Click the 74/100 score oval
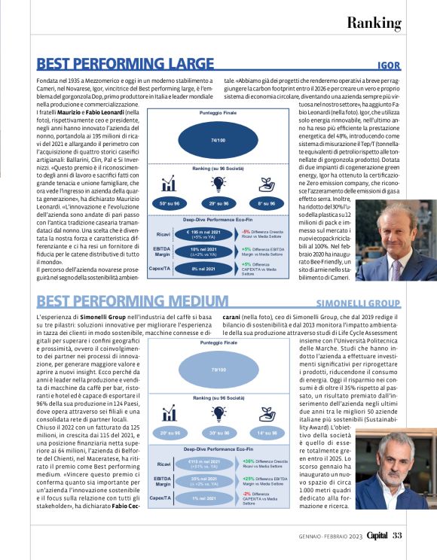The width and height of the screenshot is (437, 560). coord(218,140)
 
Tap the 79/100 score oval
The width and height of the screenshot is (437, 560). coord(218,370)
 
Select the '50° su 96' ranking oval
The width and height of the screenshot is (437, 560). coord(170,203)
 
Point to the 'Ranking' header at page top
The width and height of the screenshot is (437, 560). coord(374,22)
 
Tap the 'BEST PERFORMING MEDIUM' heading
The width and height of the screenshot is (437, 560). coord(133,302)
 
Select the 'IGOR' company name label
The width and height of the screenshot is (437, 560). coord(388,65)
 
